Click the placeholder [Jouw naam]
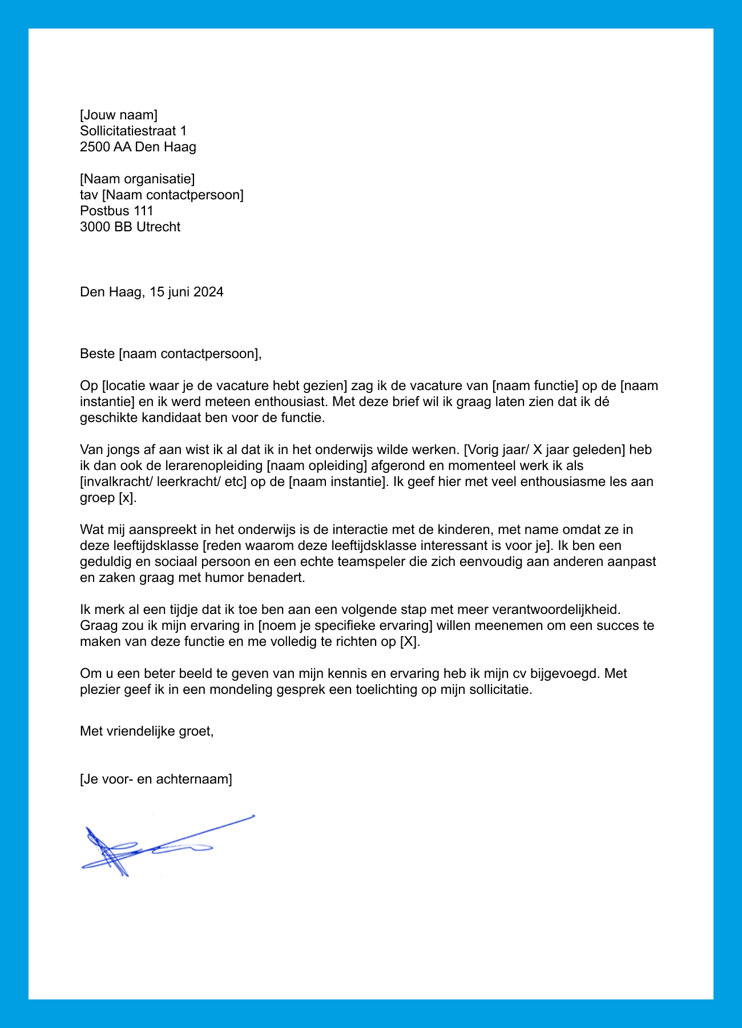[x=118, y=115]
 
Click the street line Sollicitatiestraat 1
[x=133, y=131]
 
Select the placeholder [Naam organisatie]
[x=137, y=179]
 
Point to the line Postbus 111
[x=116, y=211]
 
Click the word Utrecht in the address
[x=158, y=227]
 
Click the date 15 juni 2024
[x=187, y=292]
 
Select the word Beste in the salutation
[x=98, y=354]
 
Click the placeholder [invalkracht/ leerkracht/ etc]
[x=163, y=481]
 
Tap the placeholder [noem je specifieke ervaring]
[x=345, y=625]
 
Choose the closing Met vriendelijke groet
[x=147, y=730]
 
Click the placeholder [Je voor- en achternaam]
[x=156, y=778]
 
